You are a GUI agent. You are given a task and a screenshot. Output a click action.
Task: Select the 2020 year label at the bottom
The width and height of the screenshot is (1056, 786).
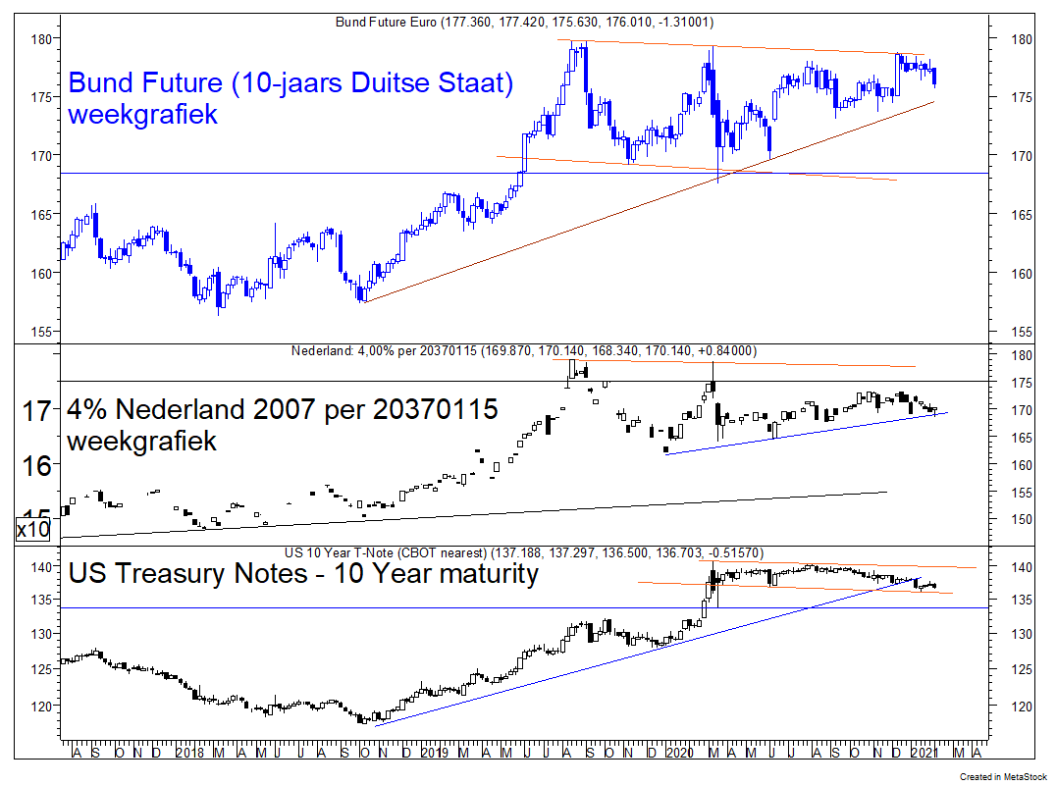(678, 753)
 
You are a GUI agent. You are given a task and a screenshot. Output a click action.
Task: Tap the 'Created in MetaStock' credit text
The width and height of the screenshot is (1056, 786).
(1001, 777)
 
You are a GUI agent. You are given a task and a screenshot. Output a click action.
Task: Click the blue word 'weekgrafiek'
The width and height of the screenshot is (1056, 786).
(143, 114)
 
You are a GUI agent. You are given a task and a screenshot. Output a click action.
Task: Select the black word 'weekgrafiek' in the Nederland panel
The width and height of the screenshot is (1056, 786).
(141, 442)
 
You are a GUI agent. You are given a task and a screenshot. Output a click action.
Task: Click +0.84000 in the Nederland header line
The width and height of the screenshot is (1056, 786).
(727, 350)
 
